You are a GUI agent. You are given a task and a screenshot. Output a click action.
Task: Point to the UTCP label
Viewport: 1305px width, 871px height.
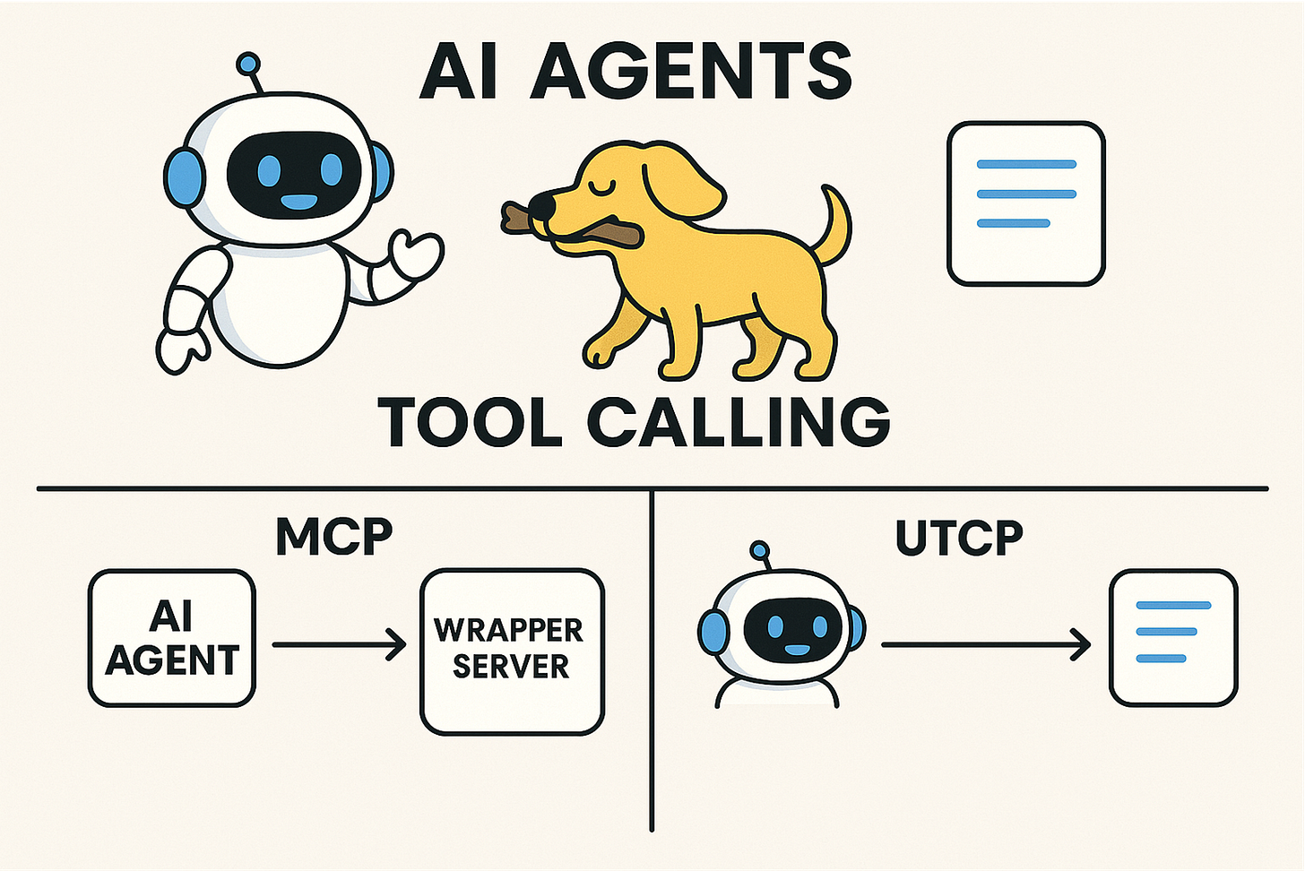(959, 537)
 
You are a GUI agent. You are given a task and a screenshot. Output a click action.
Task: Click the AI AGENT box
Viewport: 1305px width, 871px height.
(172, 638)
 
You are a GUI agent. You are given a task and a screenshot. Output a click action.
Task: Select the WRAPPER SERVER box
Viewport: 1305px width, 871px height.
(512, 651)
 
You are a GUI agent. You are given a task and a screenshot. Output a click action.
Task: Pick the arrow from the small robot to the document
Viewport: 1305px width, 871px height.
(985, 644)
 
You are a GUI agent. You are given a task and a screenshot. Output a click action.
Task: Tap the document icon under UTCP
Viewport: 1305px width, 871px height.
(1173, 637)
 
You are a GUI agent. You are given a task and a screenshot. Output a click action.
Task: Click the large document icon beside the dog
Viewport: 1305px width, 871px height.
(1026, 203)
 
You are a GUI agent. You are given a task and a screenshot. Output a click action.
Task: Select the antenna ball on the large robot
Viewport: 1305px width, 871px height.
(246, 64)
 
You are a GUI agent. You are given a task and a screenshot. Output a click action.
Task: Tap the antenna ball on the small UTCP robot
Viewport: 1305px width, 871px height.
(760, 549)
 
